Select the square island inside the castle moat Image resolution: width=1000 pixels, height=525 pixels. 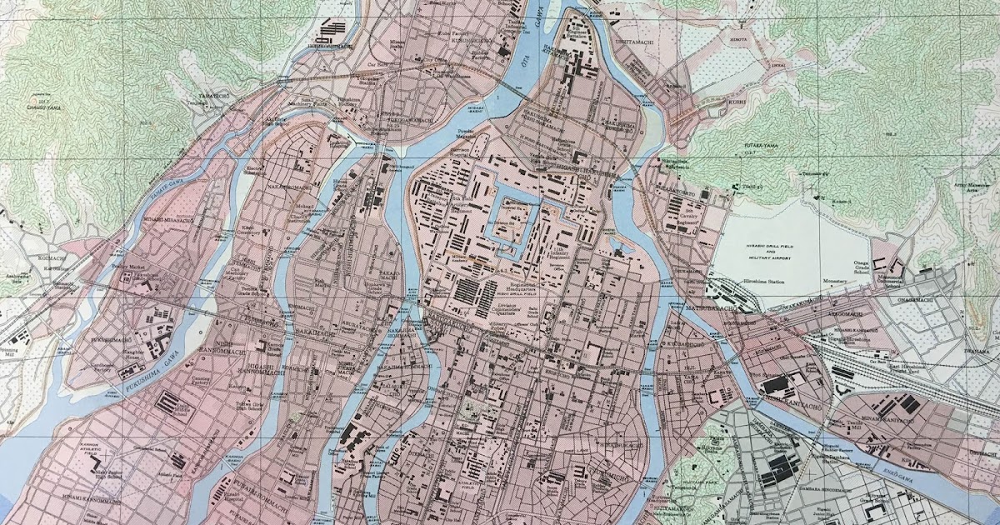tap(509, 221)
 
